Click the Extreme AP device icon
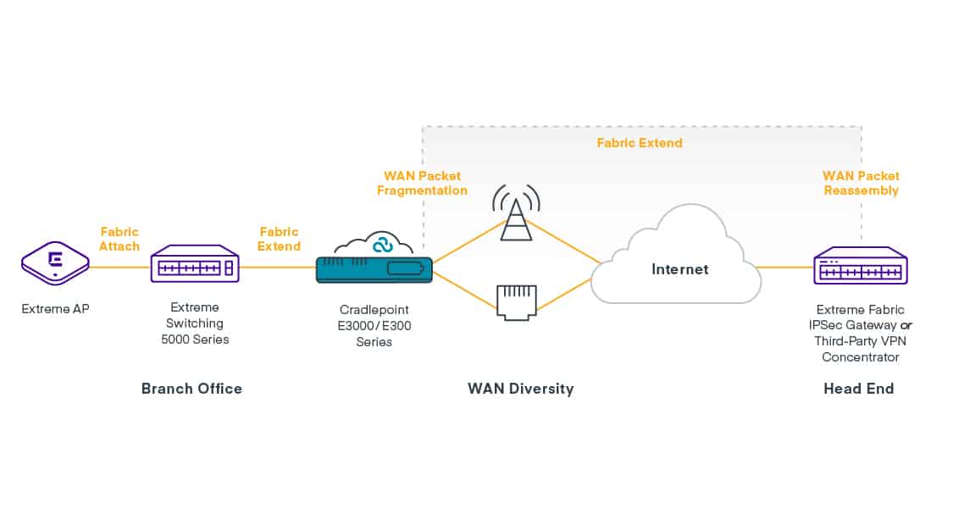coord(55,265)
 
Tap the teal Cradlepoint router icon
coord(374,270)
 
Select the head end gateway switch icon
coord(860,268)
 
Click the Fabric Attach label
coord(119,239)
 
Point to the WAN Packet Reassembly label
coord(861,183)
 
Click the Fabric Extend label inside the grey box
coord(639,143)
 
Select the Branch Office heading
coord(191,389)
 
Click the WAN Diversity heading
coord(520,389)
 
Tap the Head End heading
coord(858,389)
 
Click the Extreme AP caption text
coord(55,309)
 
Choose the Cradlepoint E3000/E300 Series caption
coord(374,326)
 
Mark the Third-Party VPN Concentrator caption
coord(860,349)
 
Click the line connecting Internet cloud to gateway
coord(784,268)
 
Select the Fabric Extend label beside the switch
coord(280,239)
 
